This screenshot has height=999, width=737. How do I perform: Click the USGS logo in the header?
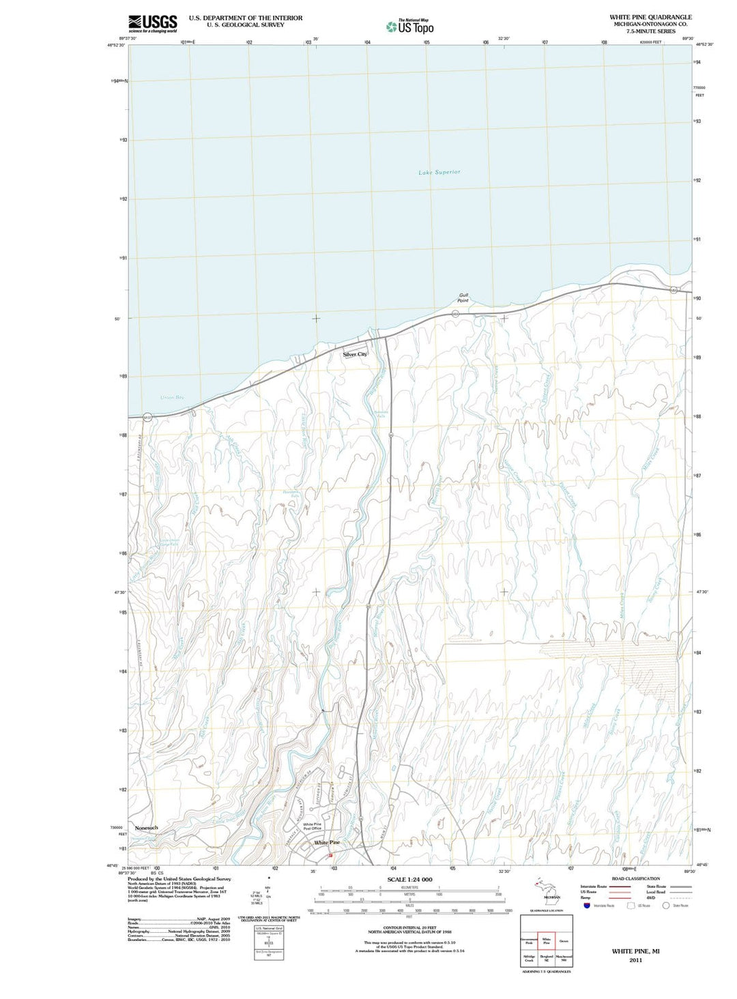152,23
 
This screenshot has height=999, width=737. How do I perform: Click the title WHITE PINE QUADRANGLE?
650,17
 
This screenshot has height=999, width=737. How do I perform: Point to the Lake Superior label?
439,172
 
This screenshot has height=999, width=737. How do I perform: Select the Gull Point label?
463,298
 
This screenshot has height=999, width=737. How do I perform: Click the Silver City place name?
355,354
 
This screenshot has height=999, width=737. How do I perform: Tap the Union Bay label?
171,397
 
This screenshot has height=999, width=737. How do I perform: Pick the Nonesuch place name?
146,828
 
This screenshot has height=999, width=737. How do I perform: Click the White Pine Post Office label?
312,826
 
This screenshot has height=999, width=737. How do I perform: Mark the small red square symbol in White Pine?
330,855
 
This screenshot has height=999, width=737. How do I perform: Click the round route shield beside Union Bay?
147,417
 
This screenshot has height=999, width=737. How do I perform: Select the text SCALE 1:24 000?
409,880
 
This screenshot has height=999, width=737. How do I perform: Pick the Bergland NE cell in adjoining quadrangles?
546,958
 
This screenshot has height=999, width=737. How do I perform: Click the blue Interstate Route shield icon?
586,906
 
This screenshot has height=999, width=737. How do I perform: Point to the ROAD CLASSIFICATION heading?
635,879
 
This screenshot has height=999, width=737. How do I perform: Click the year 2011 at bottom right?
635,960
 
